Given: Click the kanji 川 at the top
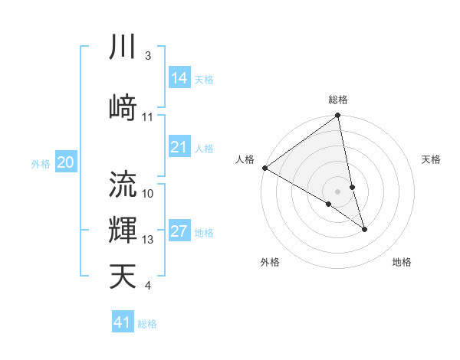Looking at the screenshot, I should [123, 47].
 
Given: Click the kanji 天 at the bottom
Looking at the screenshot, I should [123, 275].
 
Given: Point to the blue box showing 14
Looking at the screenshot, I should [179, 77].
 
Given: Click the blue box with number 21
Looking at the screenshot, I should [179, 147].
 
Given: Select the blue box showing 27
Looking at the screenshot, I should [179, 232].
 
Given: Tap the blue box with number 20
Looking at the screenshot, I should [66, 162].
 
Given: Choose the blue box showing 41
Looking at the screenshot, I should [123, 322].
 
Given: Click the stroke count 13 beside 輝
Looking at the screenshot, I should [148, 240].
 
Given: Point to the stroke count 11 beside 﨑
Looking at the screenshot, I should [148, 116].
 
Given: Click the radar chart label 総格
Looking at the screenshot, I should [338, 100].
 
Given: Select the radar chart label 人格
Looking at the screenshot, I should [245, 159].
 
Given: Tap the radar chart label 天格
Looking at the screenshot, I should [432, 159].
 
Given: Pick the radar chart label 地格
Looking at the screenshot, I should [402, 262].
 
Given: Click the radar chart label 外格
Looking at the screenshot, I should [270, 262].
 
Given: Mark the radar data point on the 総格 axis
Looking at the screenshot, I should [338, 116].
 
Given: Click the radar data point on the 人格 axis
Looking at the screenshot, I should [264, 168].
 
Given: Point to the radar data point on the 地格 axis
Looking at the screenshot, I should [364, 229].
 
